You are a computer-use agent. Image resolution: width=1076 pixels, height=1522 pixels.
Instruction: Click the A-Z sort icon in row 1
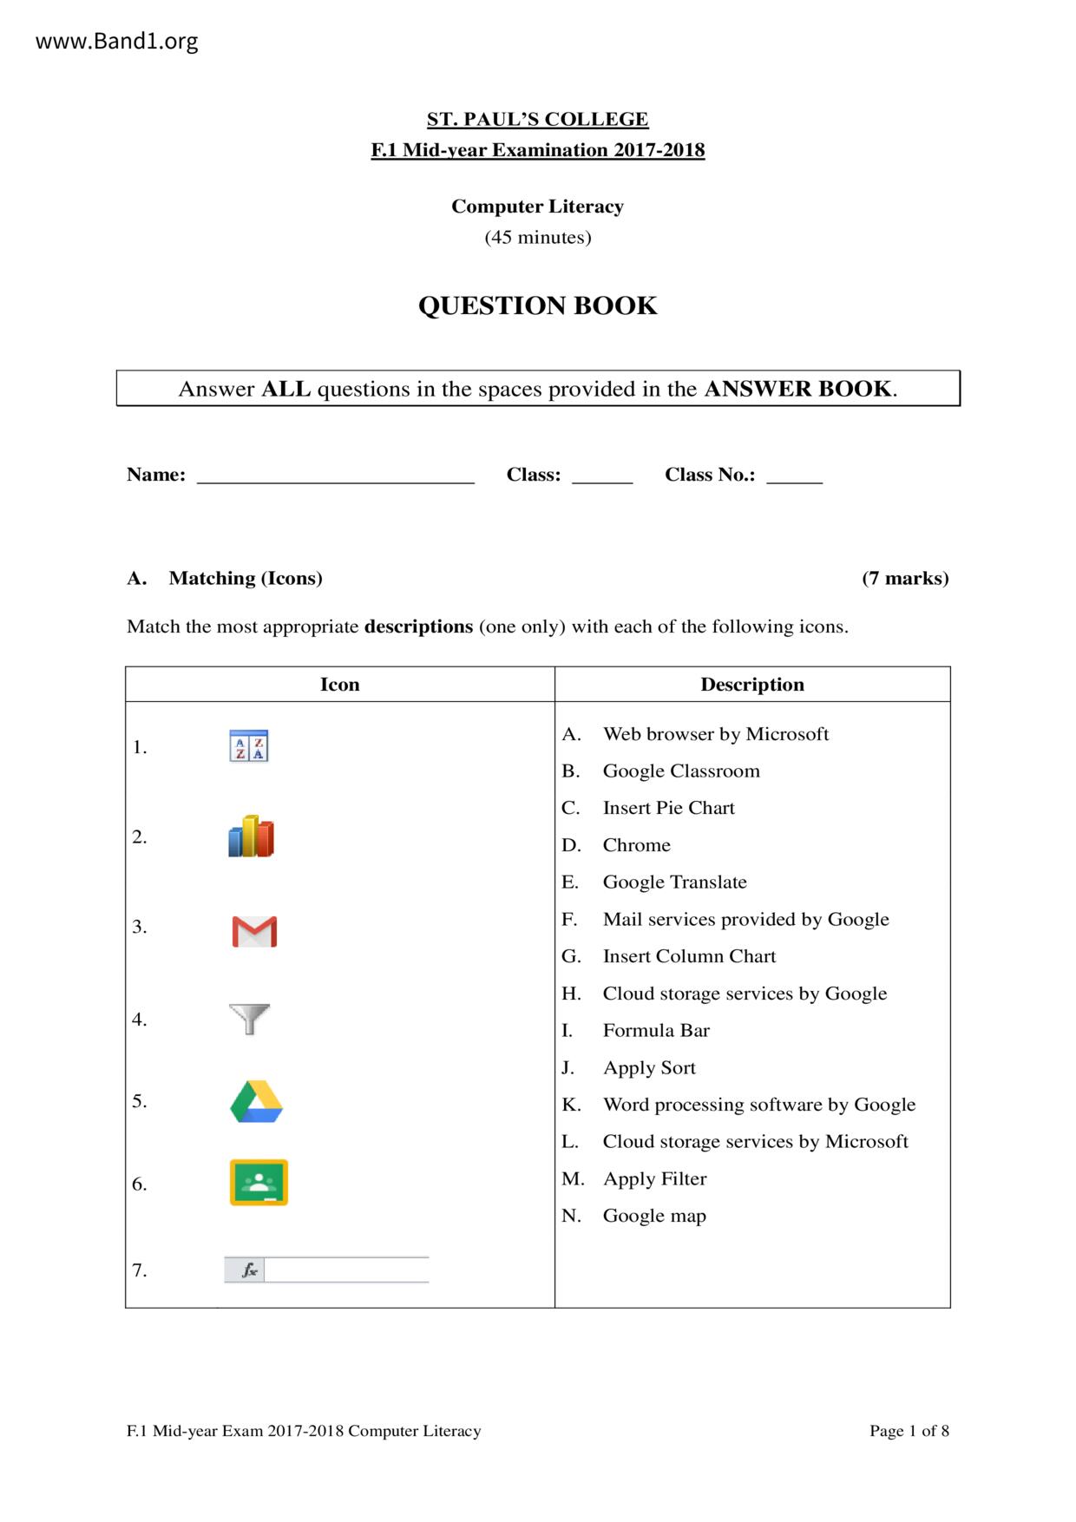249,746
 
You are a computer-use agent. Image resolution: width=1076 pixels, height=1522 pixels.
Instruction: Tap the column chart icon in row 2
251,836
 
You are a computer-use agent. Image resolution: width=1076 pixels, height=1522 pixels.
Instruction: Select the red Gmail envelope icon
254,931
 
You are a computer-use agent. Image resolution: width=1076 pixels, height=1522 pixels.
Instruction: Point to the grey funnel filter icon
249,1019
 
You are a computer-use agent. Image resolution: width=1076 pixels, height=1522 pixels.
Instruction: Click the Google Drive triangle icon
257,1102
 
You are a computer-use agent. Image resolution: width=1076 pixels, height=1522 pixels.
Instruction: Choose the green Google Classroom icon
259,1182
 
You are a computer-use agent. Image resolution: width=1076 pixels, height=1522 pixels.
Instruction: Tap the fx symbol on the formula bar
249,1270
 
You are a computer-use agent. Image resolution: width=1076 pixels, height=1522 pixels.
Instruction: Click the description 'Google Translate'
674,882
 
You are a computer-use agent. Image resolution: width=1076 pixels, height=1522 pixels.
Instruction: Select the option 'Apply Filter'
654,1179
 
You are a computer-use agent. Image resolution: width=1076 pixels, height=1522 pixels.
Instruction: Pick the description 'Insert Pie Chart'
668,808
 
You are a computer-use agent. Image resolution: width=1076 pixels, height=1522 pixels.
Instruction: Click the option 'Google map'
654,1216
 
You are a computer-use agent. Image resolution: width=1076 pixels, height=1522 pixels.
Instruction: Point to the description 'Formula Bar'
656,1031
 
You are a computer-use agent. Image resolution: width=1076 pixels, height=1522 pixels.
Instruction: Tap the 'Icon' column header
339,685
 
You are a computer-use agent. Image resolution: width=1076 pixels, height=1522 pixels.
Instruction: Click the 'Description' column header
752,685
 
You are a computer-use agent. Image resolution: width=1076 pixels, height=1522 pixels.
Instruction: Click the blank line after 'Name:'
336,476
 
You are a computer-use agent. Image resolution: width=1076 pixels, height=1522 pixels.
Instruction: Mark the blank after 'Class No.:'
794,476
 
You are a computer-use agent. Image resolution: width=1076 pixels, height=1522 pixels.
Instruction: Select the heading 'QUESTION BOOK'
537,305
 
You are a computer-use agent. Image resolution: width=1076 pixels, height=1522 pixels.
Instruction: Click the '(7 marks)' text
905,579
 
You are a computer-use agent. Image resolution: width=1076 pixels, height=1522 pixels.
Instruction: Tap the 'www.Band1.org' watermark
117,42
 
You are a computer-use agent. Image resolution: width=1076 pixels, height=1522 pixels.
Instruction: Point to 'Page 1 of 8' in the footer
909,1431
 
